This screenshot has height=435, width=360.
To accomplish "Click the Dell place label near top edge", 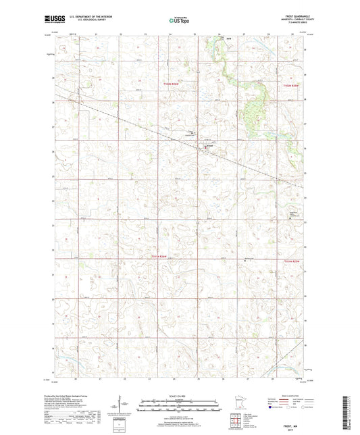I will [x=230, y=39].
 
